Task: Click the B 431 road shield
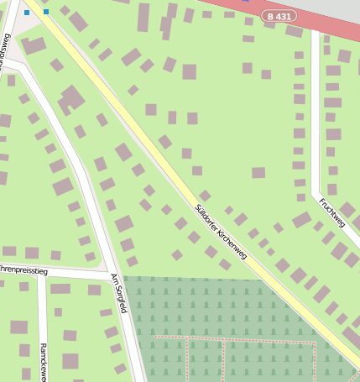pos(279,16)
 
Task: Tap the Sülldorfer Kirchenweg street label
pos(221,232)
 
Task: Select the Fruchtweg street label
pos(332,212)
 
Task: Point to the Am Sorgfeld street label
pos(118,292)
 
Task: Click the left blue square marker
pos(27,13)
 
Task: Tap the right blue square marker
pos(45,12)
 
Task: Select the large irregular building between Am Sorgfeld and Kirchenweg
pos(71,99)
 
